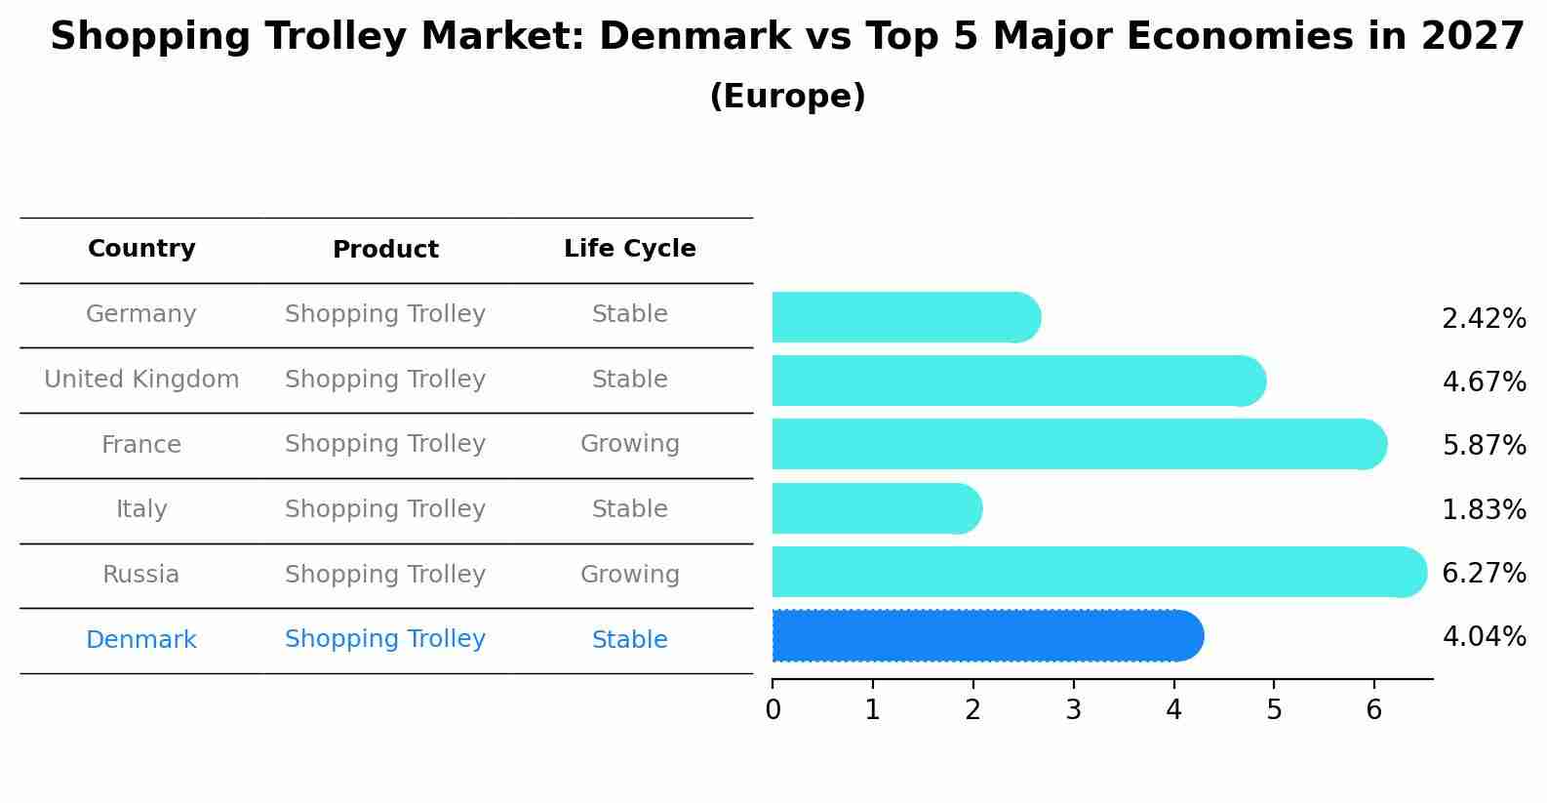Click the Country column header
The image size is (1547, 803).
[141, 249]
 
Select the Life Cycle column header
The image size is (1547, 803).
[629, 249]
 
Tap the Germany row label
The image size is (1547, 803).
[141, 314]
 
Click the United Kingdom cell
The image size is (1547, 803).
[141, 380]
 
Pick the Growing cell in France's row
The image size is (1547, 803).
[629, 444]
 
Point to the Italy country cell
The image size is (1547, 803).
[141, 509]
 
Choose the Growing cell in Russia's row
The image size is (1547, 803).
[629, 575]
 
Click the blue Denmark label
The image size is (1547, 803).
[141, 640]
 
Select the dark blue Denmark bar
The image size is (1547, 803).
[985, 636]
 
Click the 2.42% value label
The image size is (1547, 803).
[1484, 319]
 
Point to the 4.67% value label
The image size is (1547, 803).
[1484, 381]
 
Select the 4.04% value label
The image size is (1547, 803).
[1484, 637]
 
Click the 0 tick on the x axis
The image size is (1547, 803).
[773, 710]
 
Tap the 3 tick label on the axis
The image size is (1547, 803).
[1073, 710]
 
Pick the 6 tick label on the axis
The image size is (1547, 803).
[1373, 710]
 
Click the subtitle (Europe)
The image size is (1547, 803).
[787, 97]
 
